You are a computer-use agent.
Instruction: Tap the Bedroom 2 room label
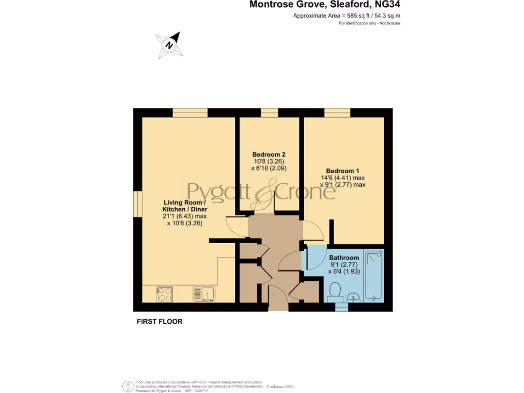pos(269,155)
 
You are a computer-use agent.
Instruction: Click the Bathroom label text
pos(344,258)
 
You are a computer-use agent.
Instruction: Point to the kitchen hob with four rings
pos(165,294)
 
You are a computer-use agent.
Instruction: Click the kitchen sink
pos(204,294)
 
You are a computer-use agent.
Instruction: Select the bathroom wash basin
pos(353,297)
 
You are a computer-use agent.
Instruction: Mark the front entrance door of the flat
pos(278,299)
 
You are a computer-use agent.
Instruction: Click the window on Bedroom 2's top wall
pos(269,113)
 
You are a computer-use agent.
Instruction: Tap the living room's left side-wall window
pos(138,205)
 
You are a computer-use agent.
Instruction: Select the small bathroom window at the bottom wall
pos(341,307)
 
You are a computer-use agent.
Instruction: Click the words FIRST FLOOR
pos(160,322)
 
